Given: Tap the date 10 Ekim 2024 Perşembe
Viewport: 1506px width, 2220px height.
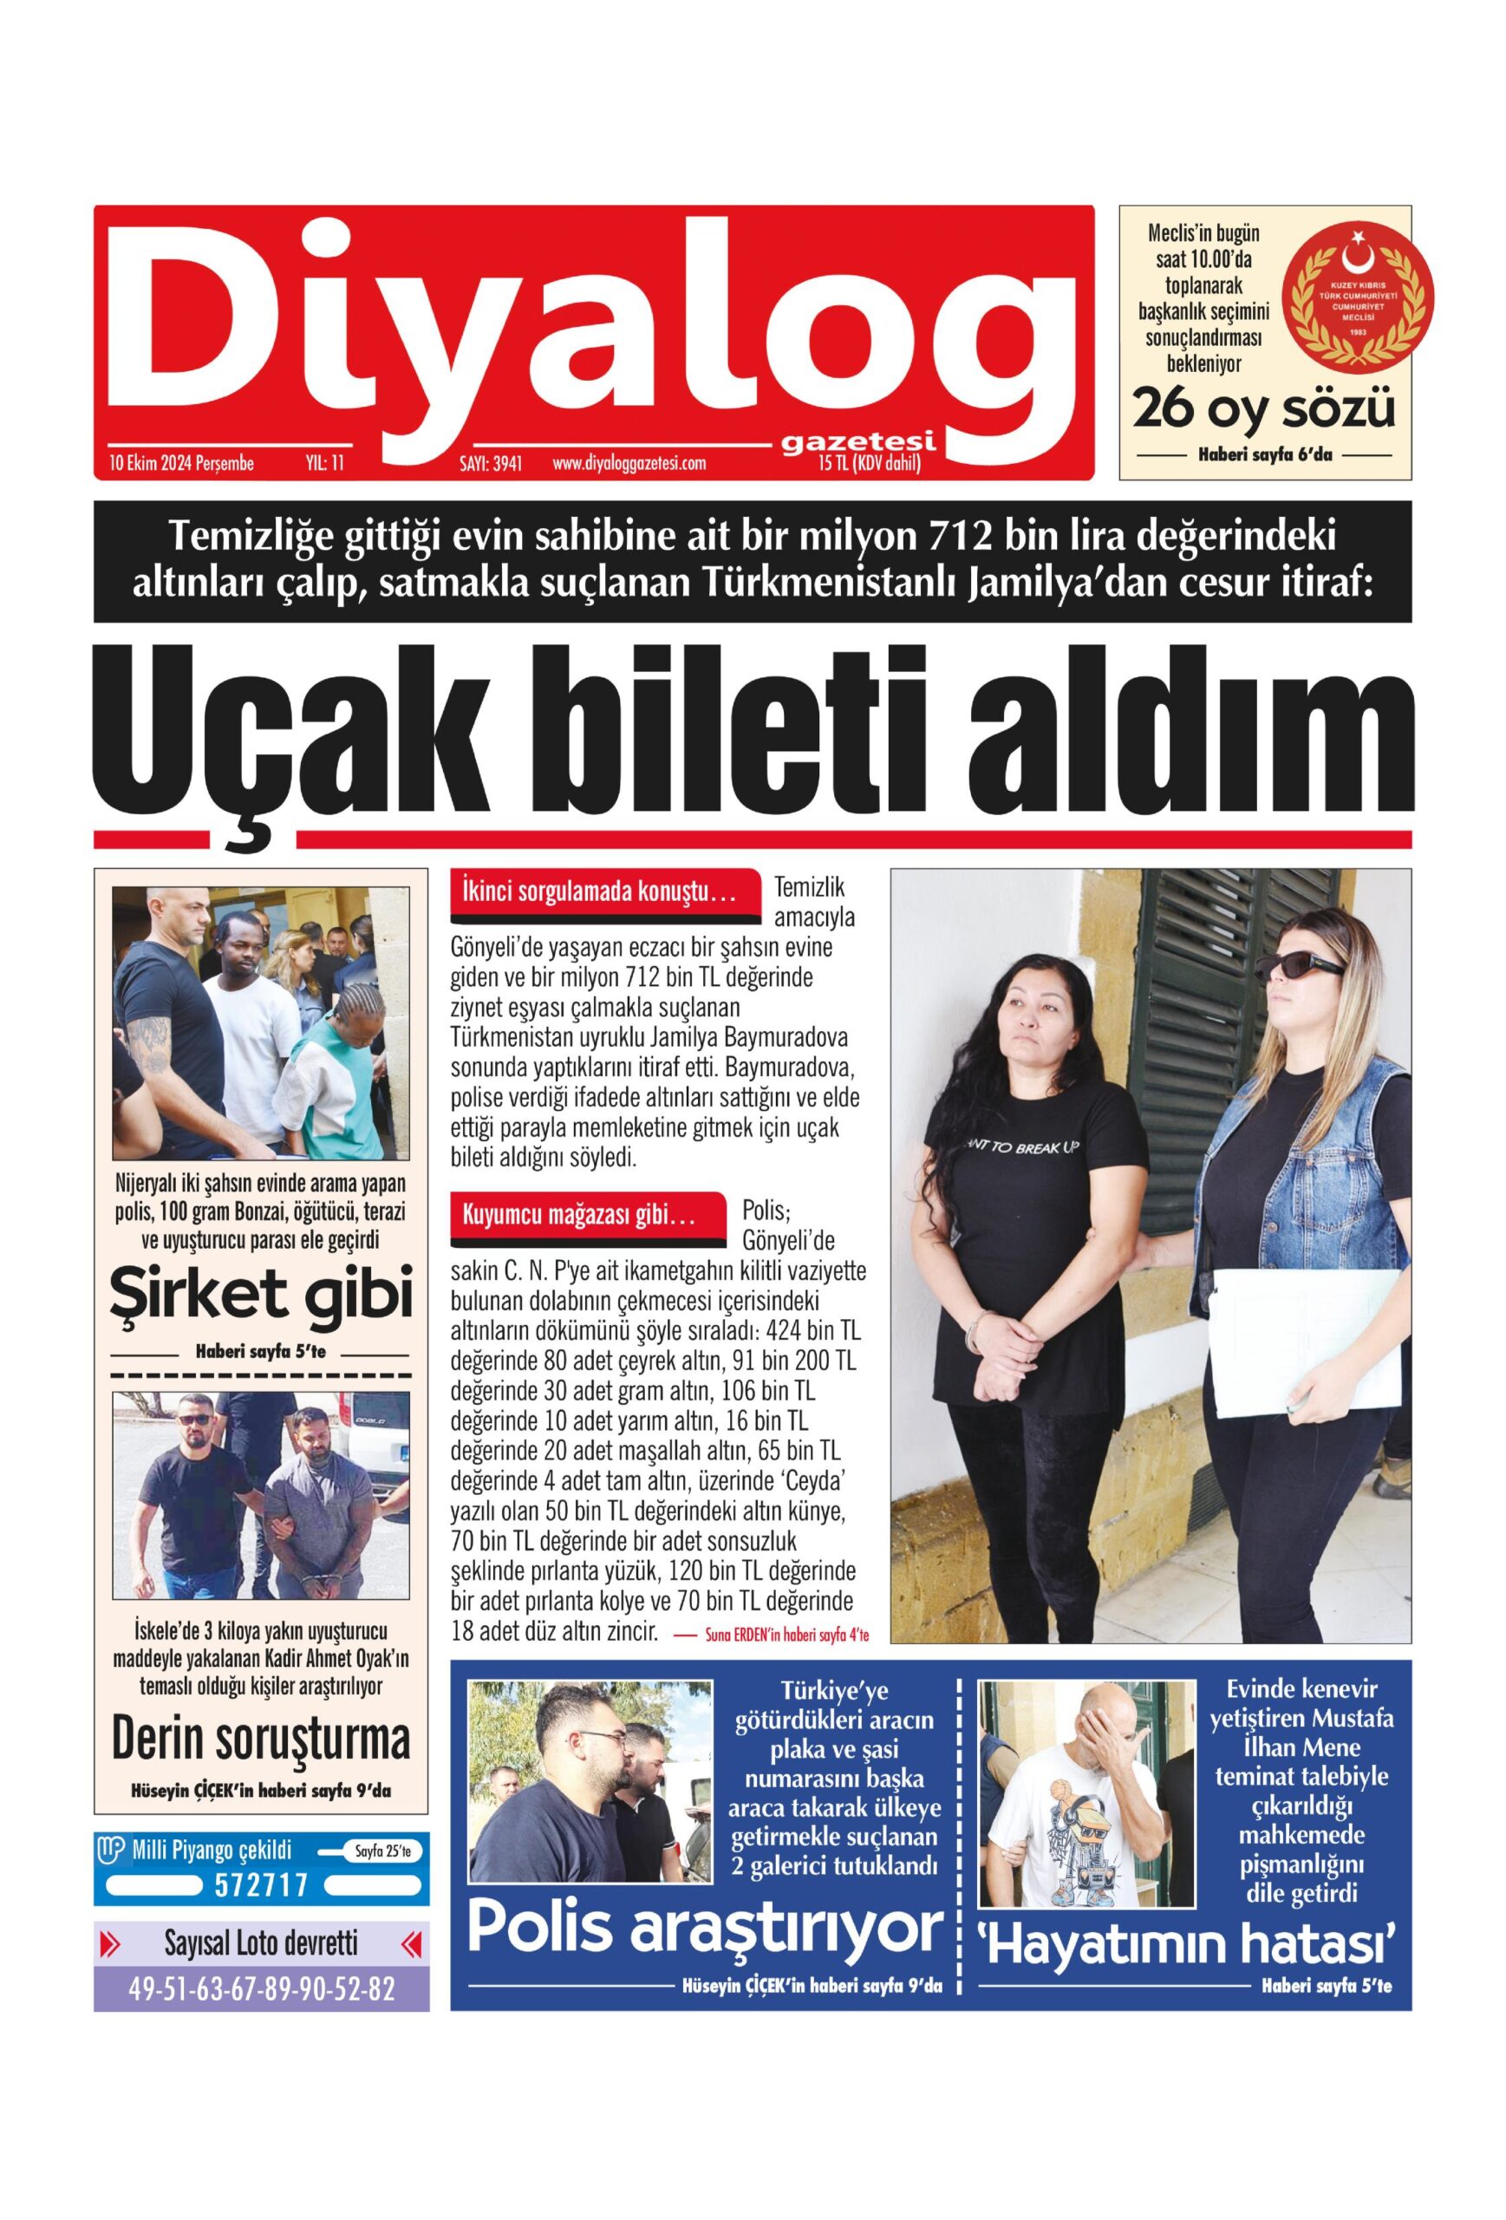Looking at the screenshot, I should [x=181, y=464].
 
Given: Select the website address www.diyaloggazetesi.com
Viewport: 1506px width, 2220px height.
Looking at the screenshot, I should [x=629, y=464].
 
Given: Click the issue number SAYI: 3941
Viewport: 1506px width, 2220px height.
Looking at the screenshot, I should [x=491, y=464].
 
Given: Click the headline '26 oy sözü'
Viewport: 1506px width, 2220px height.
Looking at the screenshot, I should [x=1263, y=408].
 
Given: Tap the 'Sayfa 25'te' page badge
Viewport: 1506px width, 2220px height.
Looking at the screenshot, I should [x=381, y=1851].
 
